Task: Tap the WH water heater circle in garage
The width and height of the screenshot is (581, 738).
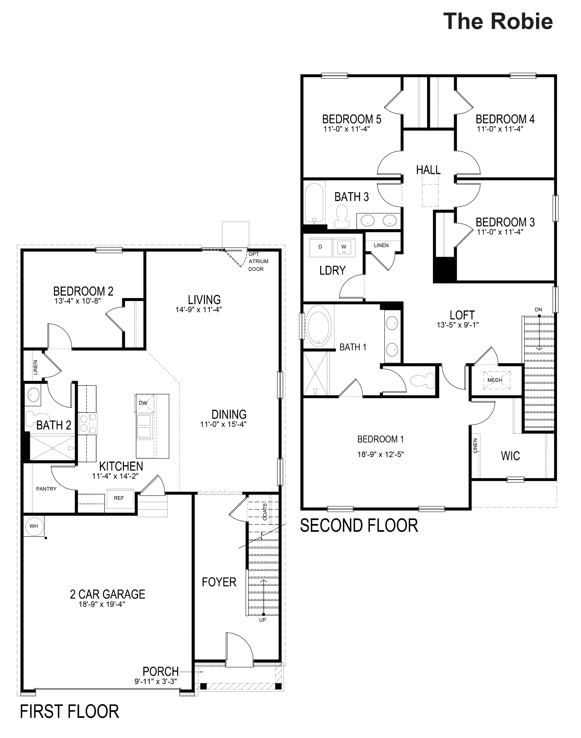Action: coord(34,526)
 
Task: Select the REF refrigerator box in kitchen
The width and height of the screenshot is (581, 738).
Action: coord(119,498)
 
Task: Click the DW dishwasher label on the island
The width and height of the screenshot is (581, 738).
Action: coord(143,403)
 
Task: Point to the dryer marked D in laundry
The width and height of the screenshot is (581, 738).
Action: coord(320,247)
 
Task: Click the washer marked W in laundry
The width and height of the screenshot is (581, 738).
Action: coord(344,247)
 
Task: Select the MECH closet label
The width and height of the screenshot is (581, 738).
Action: coord(495,380)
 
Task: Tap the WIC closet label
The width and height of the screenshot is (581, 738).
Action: coord(510,456)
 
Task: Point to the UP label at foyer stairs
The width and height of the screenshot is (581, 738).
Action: coord(263,620)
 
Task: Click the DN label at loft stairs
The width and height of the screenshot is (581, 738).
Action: coord(539,310)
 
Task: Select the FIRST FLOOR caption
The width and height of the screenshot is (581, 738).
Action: coord(69,712)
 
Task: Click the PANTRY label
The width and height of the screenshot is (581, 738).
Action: coord(46,489)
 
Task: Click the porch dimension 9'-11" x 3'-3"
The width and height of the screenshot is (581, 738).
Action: coord(156,682)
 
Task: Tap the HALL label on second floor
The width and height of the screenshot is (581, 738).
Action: coord(428,170)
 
